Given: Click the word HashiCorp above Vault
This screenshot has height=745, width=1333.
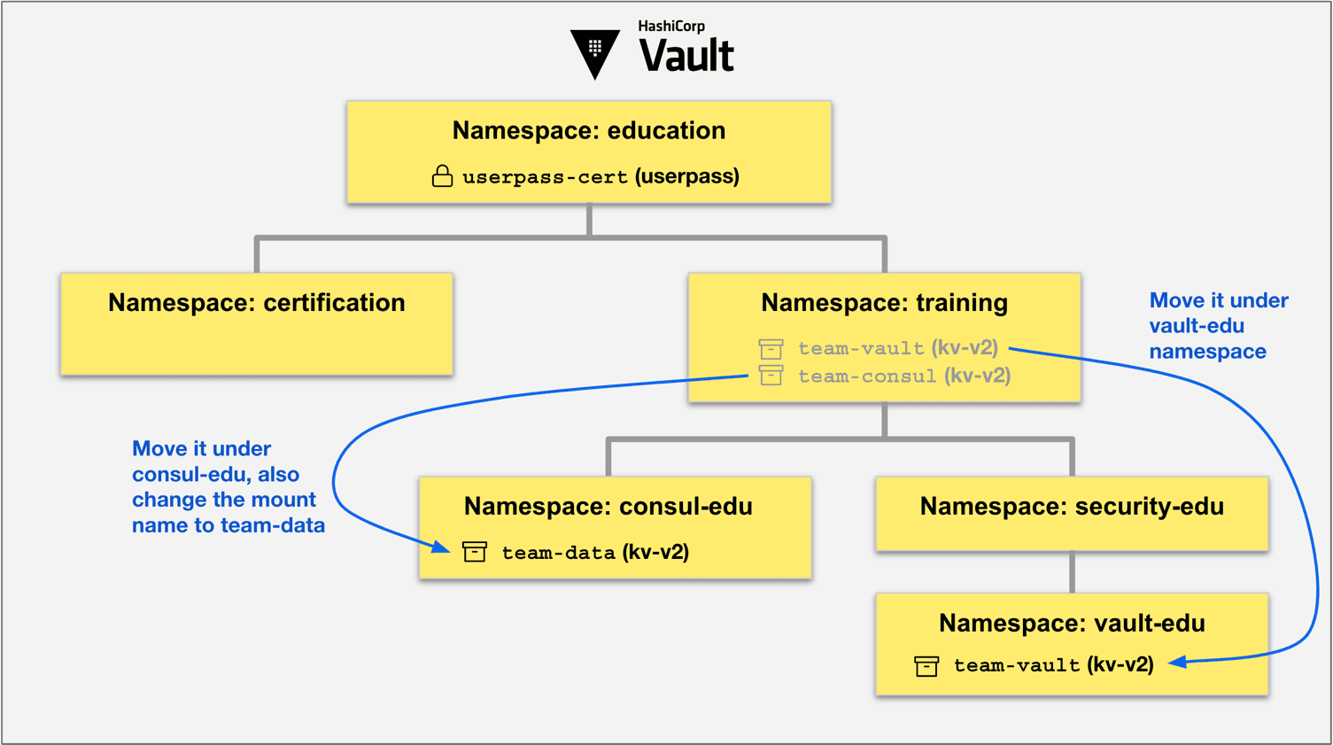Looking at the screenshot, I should (x=671, y=27).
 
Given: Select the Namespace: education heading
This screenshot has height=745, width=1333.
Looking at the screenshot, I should (x=589, y=130).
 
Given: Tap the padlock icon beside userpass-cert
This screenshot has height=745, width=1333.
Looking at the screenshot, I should (x=442, y=176).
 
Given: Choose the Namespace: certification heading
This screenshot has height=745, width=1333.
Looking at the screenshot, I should (x=257, y=303).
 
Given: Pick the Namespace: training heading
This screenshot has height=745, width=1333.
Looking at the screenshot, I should (x=884, y=303).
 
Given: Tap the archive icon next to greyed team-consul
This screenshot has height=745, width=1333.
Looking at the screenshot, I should (x=771, y=376).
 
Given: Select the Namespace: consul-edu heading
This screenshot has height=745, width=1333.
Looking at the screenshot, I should (x=608, y=507).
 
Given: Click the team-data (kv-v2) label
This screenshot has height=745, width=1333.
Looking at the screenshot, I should (x=595, y=553).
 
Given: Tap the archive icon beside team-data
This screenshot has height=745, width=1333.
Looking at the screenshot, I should (x=475, y=552).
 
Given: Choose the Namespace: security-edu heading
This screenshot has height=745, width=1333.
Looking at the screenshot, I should (x=1072, y=507).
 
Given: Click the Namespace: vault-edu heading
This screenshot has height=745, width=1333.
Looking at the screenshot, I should (x=1072, y=624).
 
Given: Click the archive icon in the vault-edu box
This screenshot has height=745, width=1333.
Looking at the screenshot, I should (x=926, y=665).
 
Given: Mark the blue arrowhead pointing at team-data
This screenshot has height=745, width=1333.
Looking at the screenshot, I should (x=441, y=547).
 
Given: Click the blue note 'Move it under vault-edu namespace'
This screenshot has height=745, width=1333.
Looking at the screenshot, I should (x=1218, y=326).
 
